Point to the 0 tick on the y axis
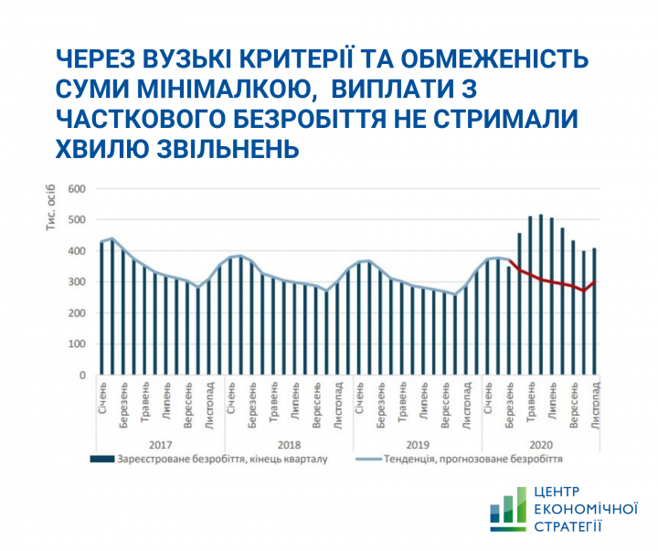tap(81, 376)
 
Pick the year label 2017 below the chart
tap(160, 443)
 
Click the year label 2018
tap(289, 443)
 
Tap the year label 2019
tap(416, 443)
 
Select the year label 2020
tap(543, 443)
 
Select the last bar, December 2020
tap(595, 312)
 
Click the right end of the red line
tap(595, 282)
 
